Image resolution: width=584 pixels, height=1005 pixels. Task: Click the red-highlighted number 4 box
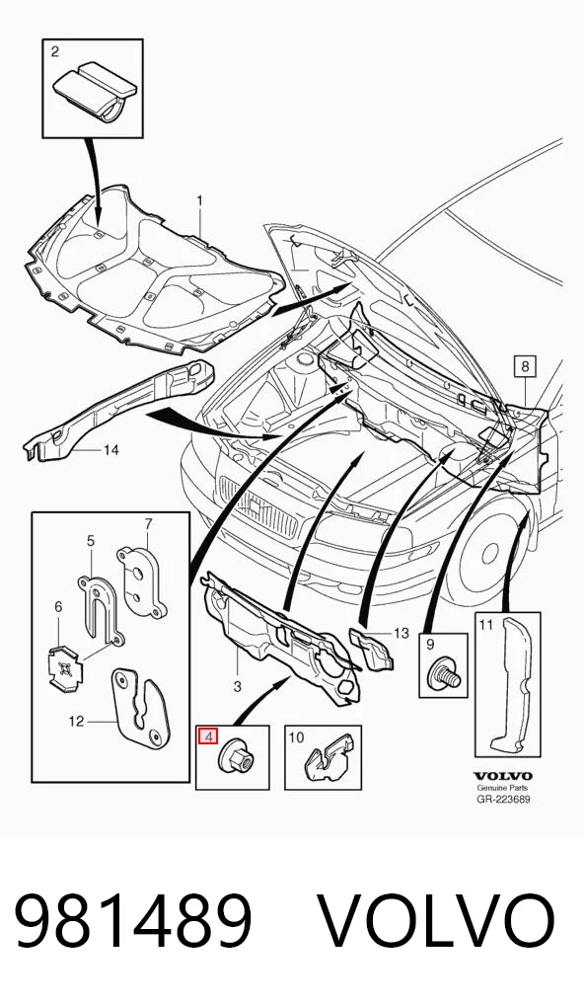tap(206, 736)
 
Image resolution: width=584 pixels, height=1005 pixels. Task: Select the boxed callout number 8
tap(525, 366)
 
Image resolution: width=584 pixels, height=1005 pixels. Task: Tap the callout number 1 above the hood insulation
tap(200, 200)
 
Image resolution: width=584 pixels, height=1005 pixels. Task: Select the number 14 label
tap(111, 450)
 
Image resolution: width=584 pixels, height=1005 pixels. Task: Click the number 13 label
tap(401, 633)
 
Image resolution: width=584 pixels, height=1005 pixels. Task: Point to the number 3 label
tap(237, 686)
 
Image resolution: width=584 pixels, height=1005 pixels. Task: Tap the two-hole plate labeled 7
tap(141, 580)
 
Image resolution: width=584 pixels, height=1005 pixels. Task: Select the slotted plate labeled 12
tap(140, 708)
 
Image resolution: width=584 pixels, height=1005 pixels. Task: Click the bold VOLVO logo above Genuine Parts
tap(503, 776)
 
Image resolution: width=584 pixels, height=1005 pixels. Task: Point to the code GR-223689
tap(503, 799)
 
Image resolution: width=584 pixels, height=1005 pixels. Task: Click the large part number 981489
tap(133, 921)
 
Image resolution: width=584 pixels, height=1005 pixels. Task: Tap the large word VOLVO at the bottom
tap(437, 921)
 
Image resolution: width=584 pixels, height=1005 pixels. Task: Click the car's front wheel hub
tap(490, 552)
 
